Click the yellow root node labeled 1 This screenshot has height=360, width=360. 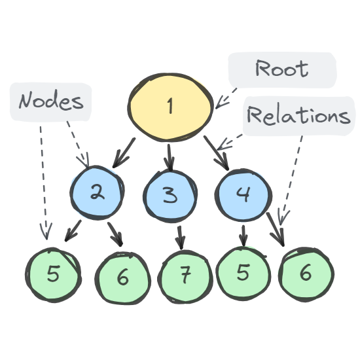coord(170,105)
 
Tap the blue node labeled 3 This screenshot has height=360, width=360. coord(170,195)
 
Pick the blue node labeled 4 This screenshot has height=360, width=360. coord(243,194)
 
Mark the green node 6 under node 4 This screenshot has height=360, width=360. coord(306,273)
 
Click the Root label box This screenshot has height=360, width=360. coord(281,69)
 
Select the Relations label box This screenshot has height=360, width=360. coord(298,117)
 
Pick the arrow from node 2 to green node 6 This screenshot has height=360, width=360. coord(115,234)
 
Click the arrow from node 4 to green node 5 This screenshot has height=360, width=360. coord(243,235)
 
